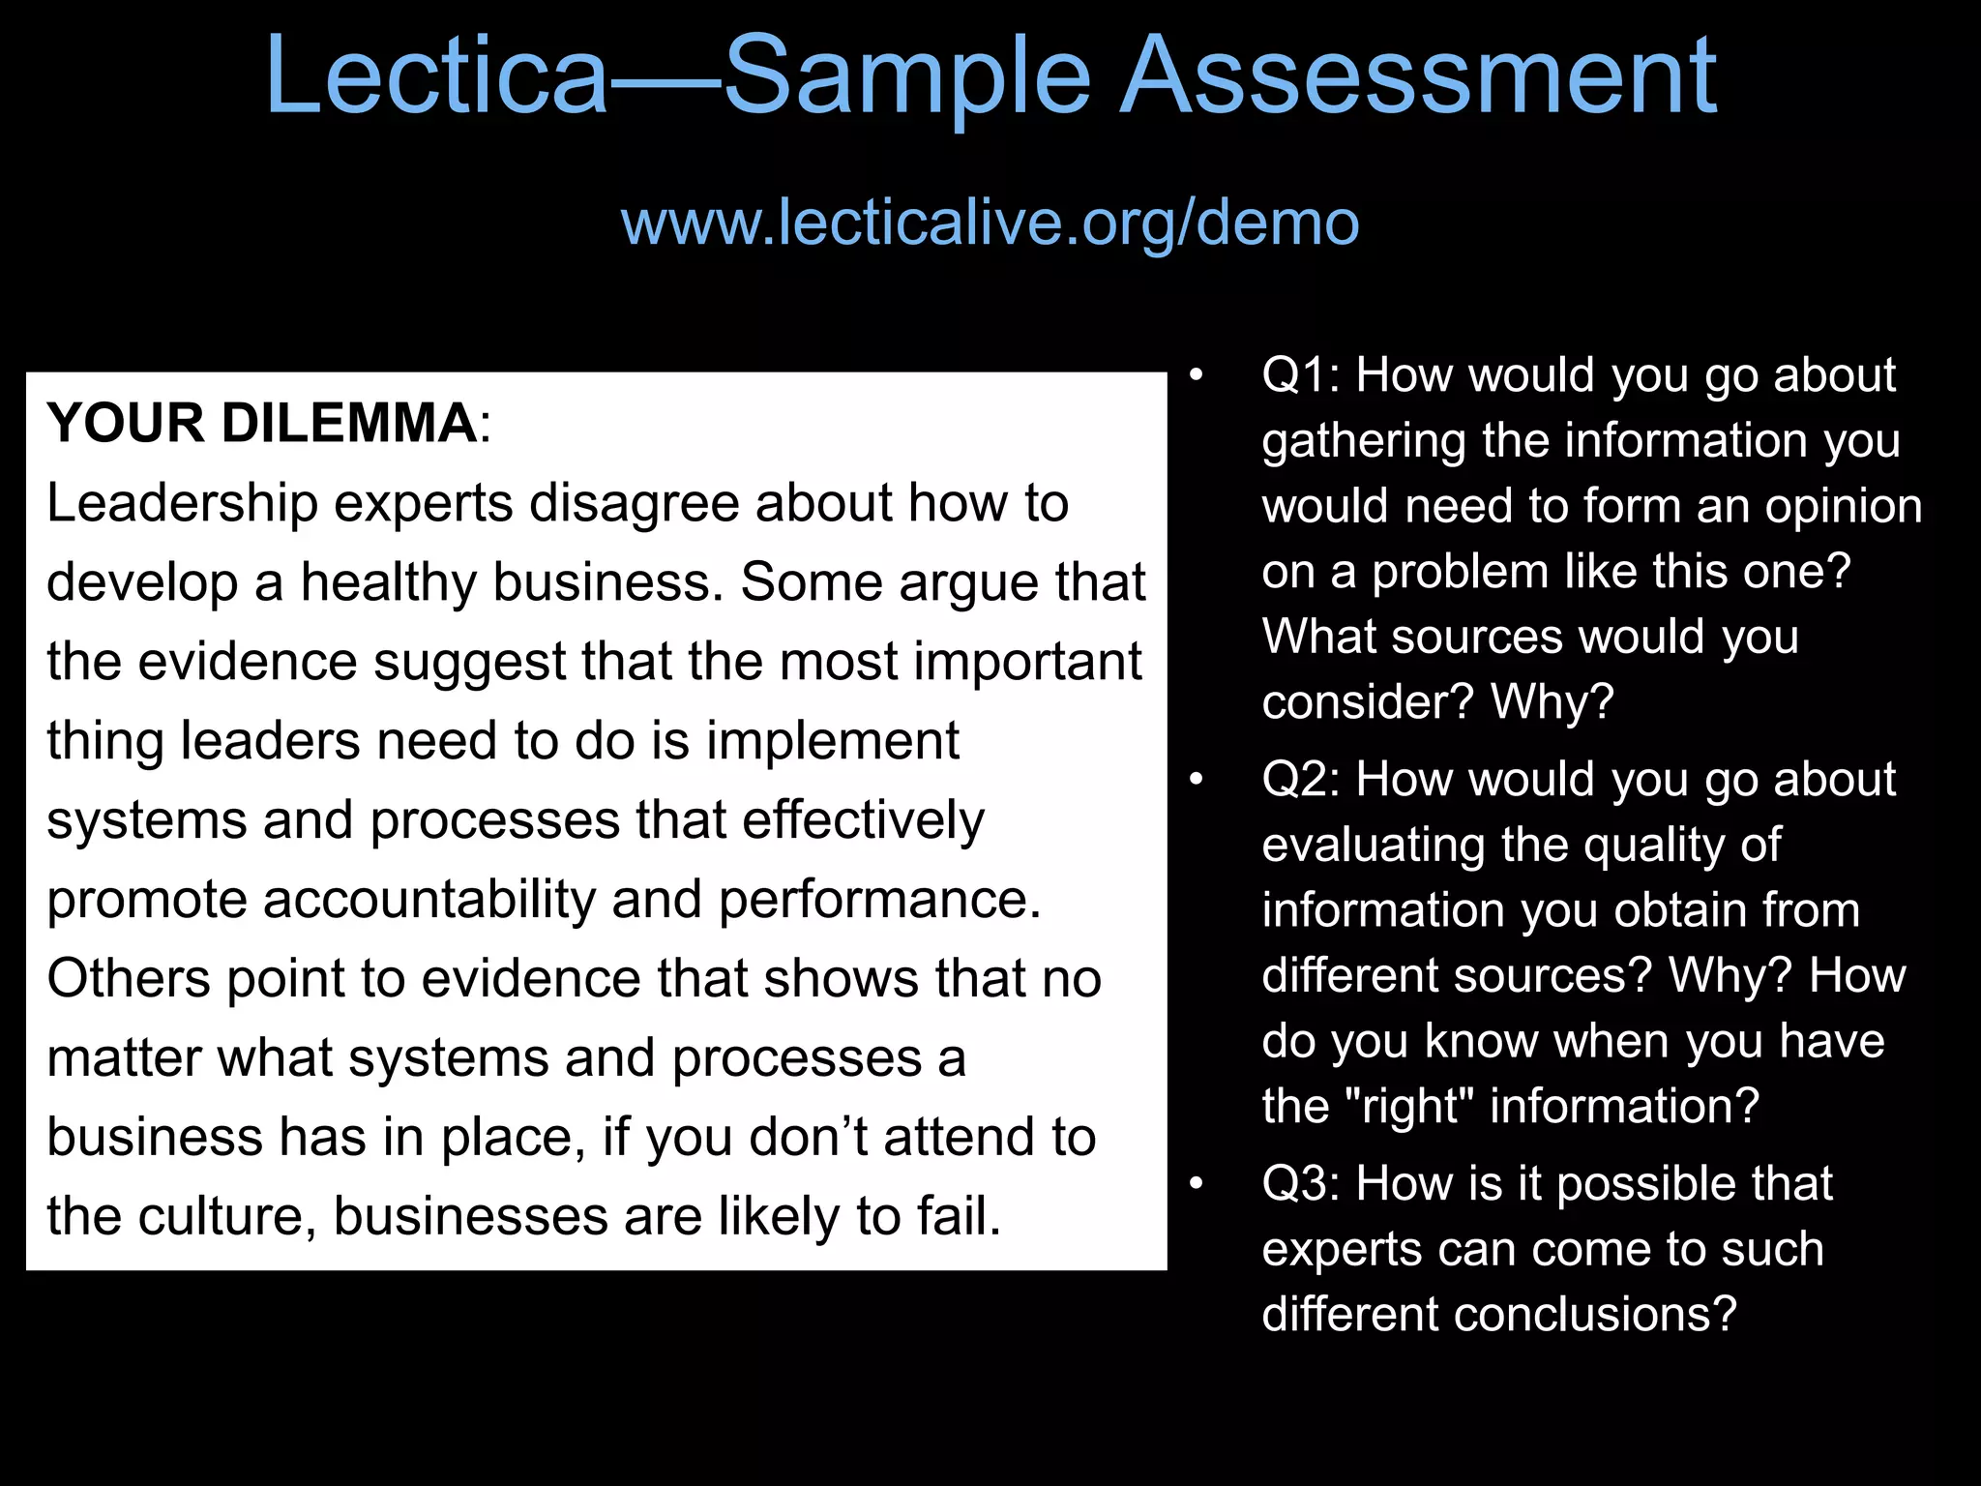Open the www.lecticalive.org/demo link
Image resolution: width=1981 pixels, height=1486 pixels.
coord(990,223)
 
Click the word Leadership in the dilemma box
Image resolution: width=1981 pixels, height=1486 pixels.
coord(183,504)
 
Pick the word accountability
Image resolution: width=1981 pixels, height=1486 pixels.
coord(429,900)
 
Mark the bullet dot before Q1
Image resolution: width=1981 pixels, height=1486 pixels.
coord(1197,375)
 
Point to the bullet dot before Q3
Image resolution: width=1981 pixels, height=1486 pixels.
coord(1197,1184)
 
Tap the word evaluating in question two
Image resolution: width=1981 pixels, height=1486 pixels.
coord(1375,846)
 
